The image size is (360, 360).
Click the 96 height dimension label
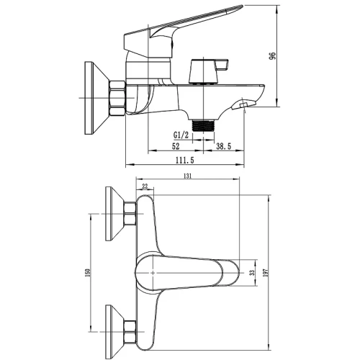(x=273, y=56)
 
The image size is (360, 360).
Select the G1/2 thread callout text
(x=181, y=135)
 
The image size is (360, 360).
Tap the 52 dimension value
(x=176, y=146)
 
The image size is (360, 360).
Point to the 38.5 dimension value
(x=223, y=146)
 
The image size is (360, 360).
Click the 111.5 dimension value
(x=185, y=160)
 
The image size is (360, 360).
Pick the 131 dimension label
(x=188, y=176)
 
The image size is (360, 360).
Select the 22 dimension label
(x=145, y=186)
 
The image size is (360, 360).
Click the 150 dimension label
(x=87, y=272)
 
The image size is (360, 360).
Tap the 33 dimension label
(x=252, y=273)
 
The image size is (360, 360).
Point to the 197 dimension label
(x=265, y=273)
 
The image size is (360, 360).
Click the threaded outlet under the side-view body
(x=203, y=125)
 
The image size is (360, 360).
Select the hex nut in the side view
(x=117, y=98)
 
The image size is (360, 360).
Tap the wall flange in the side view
(x=96, y=98)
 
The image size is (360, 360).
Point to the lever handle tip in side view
(x=240, y=6)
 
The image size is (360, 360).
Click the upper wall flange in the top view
(x=114, y=214)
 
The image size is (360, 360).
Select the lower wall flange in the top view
(x=114, y=332)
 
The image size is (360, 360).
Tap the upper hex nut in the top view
(x=130, y=214)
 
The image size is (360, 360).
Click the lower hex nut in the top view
(x=130, y=332)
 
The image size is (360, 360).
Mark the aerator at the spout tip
(x=244, y=105)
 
